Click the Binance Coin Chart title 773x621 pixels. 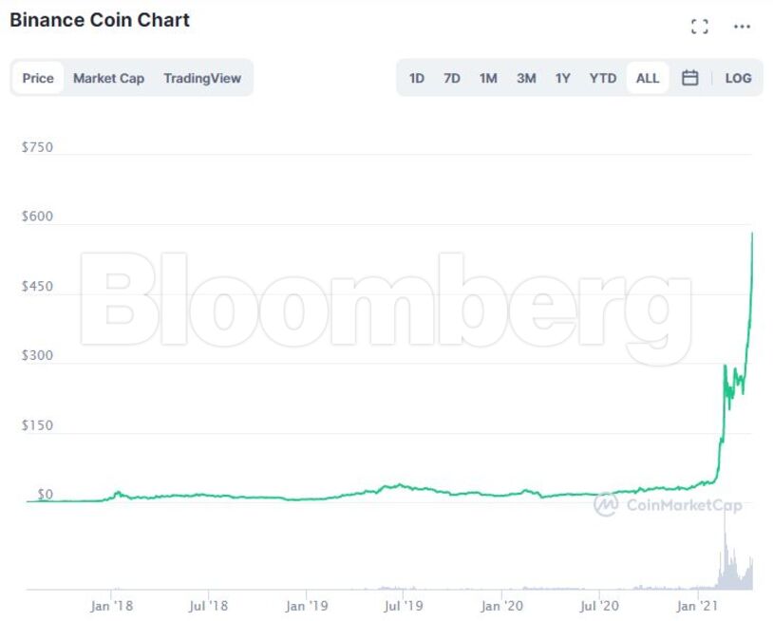tap(100, 20)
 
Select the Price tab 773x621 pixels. tap(38, 78)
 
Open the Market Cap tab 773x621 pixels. tap(108, 78)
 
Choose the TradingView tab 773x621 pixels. tap(202, 78)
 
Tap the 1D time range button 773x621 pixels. tap(416, 78)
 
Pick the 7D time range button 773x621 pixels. tap(451, 78)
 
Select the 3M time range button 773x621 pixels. tap(526, 78)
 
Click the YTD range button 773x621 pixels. tap(602, 78)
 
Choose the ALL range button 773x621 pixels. tap(648, 78)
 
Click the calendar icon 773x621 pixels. tap(690, 78)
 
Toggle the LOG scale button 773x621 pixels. tap(738, 78)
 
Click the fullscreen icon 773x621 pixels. tap(700, 27)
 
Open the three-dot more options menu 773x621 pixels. tap(743, 27)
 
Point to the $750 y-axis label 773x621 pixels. tap(37, 147)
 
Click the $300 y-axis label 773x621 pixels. tap(37, 356)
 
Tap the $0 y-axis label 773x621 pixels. tap(45, 495)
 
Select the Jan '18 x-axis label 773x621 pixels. tap(112, 605)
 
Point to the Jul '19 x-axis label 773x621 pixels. tap(404, 605)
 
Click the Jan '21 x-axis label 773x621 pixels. tap(698, 605)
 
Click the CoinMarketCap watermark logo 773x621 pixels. tap(669, 505)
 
